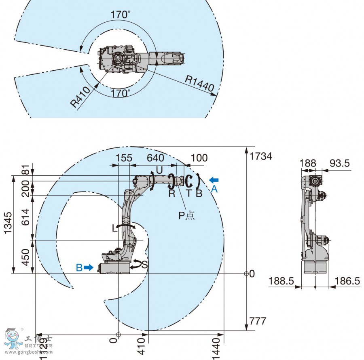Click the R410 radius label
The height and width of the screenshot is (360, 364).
click(80, 97)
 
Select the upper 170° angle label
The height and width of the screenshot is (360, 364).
click(121, 15)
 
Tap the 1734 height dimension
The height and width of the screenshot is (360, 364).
click(261, 156)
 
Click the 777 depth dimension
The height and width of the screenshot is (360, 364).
click(258, 321)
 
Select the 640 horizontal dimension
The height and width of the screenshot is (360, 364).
click(155, 158)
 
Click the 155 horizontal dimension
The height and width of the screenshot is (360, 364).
click(124, 158)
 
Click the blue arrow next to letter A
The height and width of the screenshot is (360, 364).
click(214, 179)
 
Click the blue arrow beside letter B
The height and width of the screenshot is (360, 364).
click(89, 267)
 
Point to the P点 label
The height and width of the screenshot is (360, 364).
click(186, 215)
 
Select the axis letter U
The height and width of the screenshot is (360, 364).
click(159, 171)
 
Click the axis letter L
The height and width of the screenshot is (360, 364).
click(114, 228)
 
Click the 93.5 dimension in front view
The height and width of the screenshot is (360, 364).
click(340, 163)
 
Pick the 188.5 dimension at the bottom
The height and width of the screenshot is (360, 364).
click(281, 281)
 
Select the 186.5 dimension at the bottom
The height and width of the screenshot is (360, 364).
click(348, 281)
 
